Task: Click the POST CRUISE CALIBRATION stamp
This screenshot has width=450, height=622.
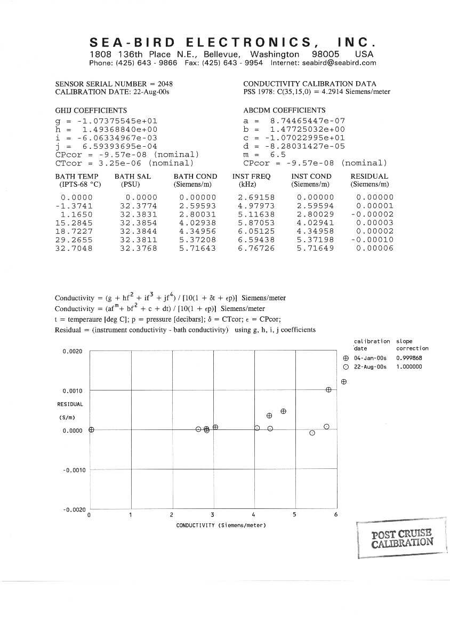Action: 403,539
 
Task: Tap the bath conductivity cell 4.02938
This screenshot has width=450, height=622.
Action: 197,222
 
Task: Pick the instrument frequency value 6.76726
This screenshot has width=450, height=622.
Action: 256,248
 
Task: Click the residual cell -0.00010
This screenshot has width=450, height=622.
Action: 374,240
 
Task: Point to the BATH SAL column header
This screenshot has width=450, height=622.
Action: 133,177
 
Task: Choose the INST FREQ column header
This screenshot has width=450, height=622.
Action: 251,177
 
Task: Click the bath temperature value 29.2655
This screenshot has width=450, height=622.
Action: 74,240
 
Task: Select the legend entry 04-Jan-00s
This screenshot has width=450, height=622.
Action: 371,358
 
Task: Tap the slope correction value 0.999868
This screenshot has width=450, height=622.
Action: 409,358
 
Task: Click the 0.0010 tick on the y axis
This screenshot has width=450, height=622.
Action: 73,391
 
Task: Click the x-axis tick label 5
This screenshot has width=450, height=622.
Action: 294,515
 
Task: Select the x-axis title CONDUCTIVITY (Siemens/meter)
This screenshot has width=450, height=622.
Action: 221,525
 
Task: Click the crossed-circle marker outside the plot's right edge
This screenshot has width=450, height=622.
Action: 344,382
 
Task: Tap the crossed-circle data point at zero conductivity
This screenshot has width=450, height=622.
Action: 91,429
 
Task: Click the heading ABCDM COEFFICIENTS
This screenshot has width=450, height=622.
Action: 284,110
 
